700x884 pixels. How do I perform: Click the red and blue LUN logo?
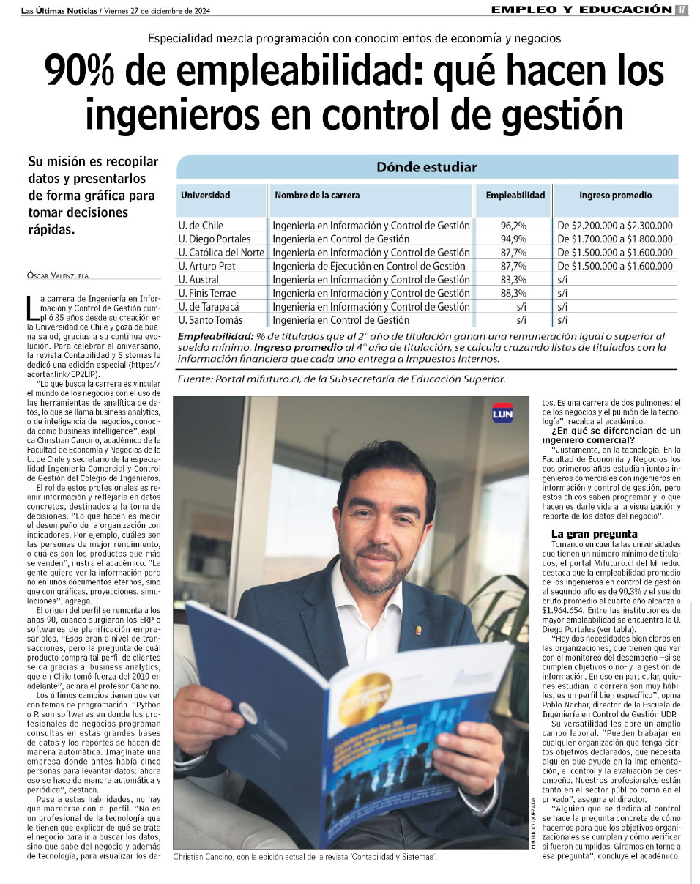(502, 412)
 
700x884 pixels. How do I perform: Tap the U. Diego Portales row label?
(215, 239)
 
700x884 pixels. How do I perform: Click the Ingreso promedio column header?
(615, 196)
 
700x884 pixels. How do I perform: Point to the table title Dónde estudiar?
(426, 167)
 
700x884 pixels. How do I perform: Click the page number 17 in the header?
(681, 10)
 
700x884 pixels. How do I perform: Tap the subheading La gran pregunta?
(594, 534)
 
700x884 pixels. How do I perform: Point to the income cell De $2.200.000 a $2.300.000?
(615, 226)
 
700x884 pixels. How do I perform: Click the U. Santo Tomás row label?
(212, 320)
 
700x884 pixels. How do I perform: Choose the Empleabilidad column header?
(515, 196)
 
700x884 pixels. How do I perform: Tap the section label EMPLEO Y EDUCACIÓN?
(581, 10)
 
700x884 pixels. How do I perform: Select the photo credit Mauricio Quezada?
(527, 823)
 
